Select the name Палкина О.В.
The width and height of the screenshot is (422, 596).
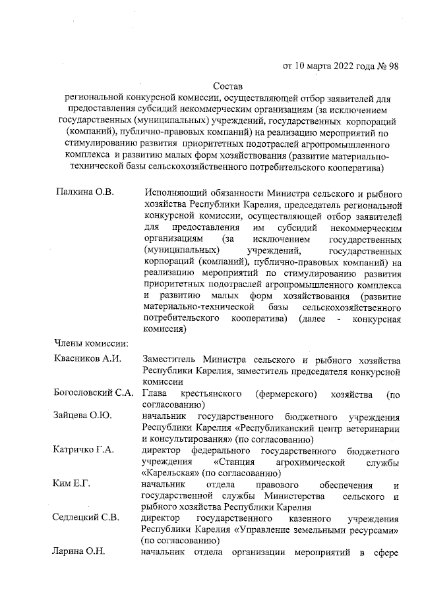point(84,192)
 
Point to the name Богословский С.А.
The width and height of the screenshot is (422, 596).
point(93,394)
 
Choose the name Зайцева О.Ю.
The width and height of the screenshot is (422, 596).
point(82,416)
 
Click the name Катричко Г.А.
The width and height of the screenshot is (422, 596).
point(84,450)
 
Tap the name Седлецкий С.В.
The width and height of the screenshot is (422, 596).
point(86,519)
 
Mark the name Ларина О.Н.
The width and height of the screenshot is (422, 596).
point(80,553)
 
